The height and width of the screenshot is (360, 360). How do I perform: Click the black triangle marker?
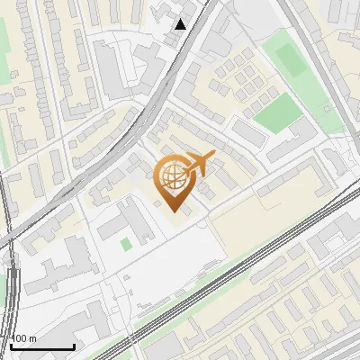[181, 24]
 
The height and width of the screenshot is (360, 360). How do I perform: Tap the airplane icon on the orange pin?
[199, 164]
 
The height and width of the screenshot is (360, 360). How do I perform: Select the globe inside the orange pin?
[173, 176]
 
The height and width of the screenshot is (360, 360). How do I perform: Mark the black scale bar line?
[41, 346]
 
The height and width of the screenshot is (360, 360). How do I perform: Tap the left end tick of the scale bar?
[11, 345]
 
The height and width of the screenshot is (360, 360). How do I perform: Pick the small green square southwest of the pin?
[126, 244]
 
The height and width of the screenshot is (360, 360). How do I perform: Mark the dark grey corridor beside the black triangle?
[190, 54]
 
